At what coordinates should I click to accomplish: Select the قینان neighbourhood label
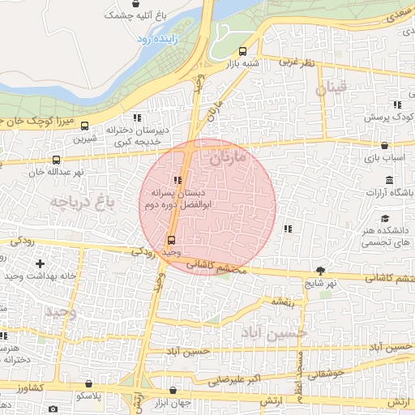click(x=331, y=88)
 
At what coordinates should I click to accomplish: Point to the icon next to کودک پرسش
click(x=396, y=105)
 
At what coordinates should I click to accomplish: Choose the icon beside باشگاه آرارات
click(x=390, y=180)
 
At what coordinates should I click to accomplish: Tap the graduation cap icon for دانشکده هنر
click(x=385, y=218)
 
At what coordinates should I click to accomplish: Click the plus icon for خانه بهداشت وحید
click(x=40, y=263)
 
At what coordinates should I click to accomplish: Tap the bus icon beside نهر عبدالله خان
click(x=56, y=160)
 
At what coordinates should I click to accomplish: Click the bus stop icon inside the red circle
click(x=170, y=240)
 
